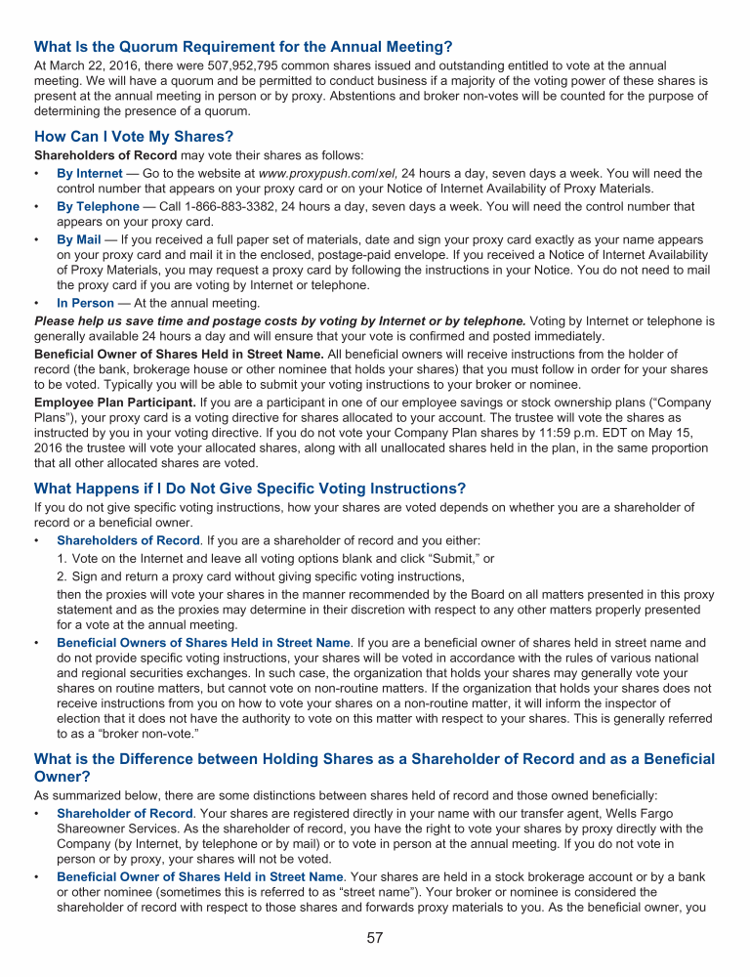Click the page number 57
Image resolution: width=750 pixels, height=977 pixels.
(x=375, y=938)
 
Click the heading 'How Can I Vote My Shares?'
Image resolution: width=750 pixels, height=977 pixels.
(x=134, y=136)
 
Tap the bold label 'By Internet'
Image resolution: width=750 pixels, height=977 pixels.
(x=90, y=174)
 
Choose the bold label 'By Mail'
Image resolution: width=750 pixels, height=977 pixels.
(x=79, y=239)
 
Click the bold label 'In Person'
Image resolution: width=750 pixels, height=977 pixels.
(x=85, y=303)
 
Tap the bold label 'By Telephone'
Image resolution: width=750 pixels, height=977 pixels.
(x=98, y=206)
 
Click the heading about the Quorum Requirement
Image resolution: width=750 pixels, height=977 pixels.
(x=243, y=46)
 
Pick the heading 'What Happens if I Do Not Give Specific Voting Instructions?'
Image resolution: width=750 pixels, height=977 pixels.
(x=250, y=488)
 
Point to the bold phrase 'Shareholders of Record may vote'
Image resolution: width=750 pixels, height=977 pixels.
(x=137, y=155)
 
